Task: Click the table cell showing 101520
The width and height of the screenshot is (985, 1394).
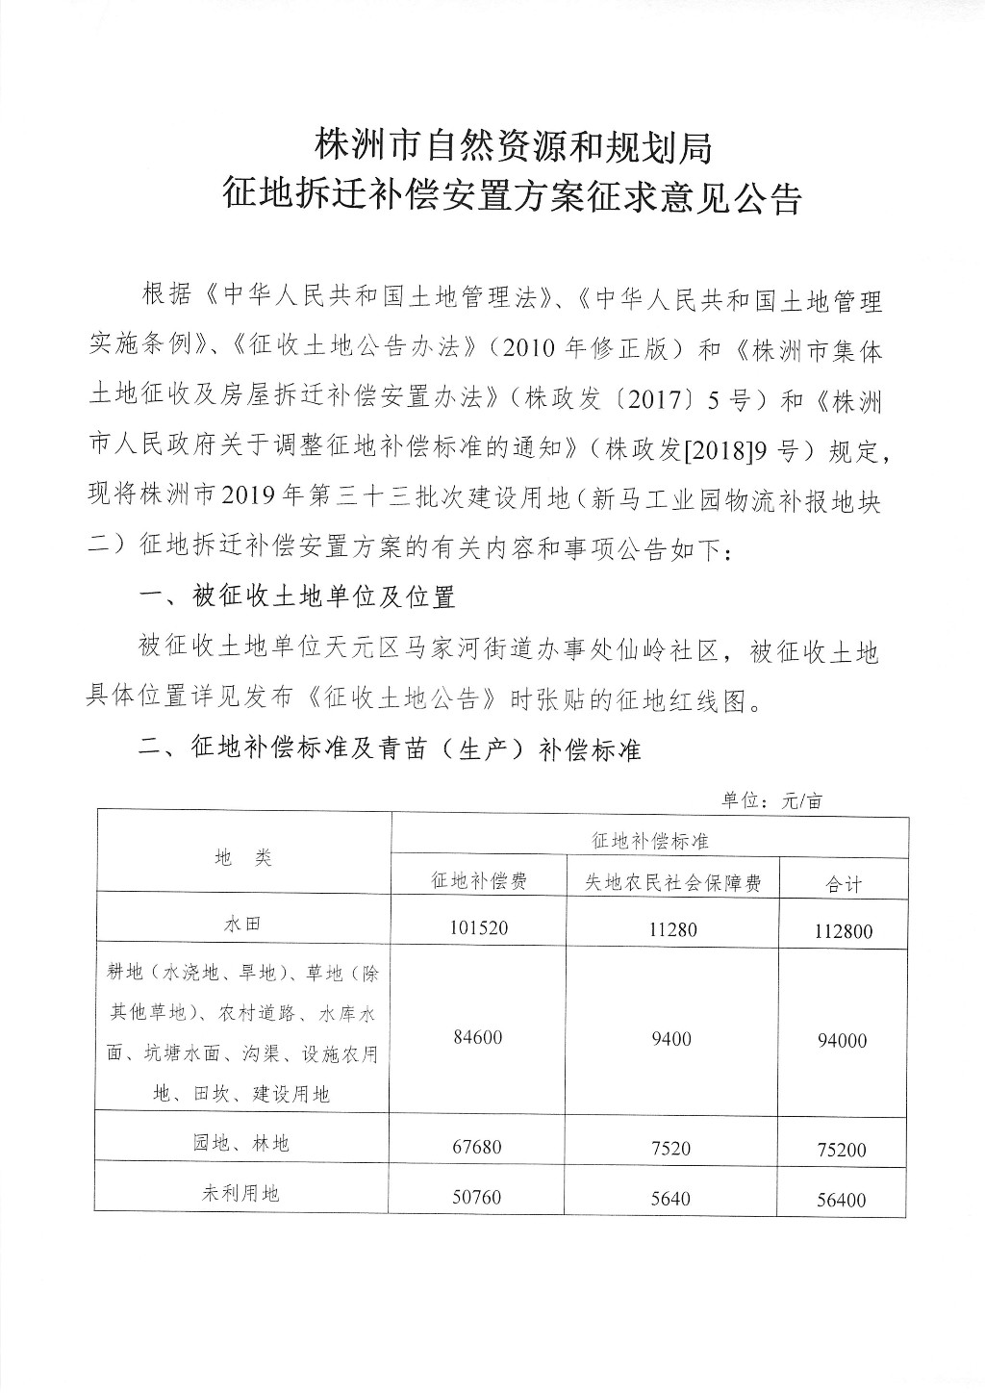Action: (x=477, y=927)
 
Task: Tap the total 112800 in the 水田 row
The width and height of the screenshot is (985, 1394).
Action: (x=842, y=930)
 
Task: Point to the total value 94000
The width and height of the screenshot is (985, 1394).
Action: (x=843, y=1040)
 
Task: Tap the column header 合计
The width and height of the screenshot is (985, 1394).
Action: (x=844, y=884)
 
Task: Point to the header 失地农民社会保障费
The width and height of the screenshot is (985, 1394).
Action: (x=672, y=882)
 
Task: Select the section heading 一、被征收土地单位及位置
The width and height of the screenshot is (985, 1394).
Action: (x=297, y=596)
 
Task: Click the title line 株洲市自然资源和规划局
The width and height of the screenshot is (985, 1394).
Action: (x=513, y=146)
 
